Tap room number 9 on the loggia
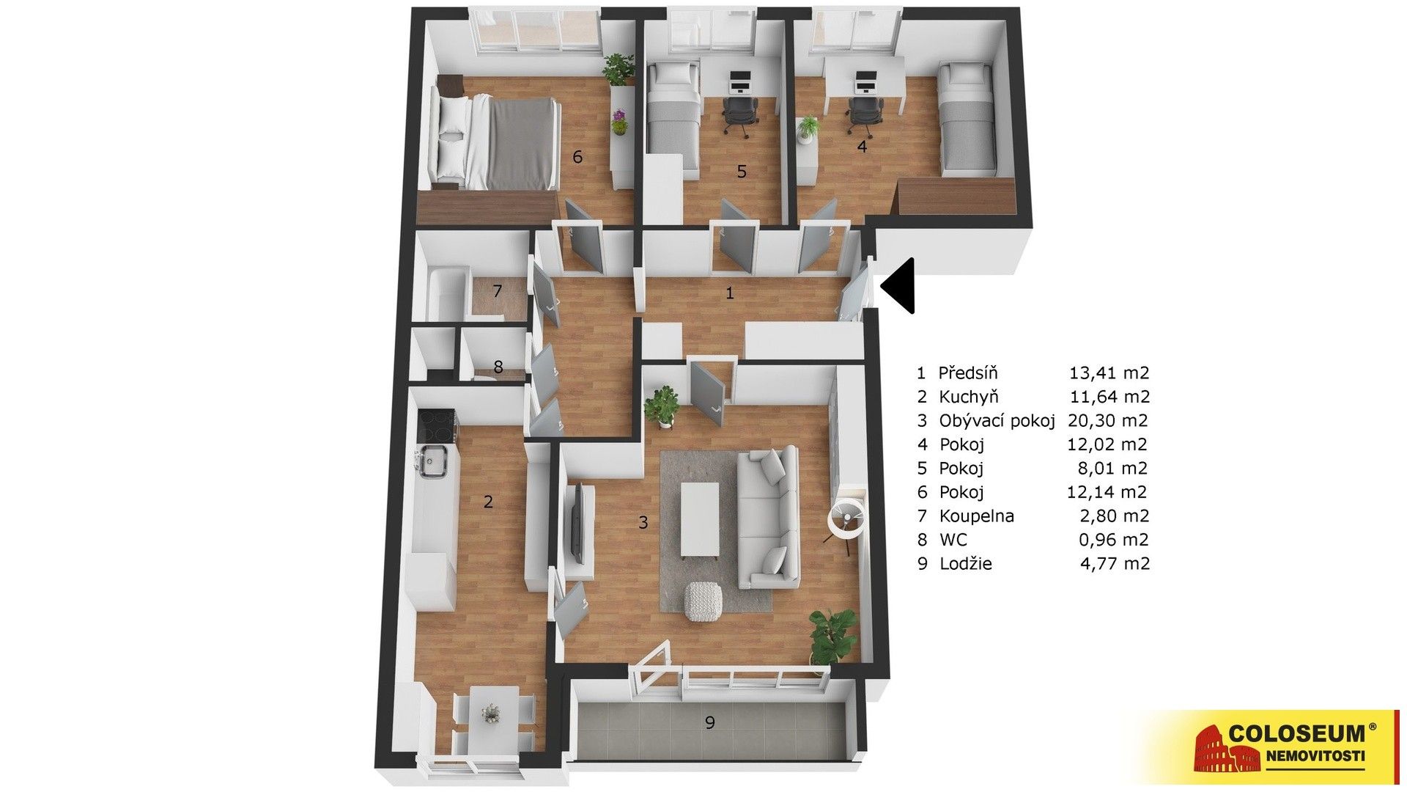tap(709, 722)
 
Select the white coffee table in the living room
tap(699, 519)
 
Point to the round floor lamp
tap(847, 519)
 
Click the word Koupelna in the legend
tap(977, 516)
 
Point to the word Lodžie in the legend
tap(966, 564)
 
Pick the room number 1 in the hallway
tap(729, 294)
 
